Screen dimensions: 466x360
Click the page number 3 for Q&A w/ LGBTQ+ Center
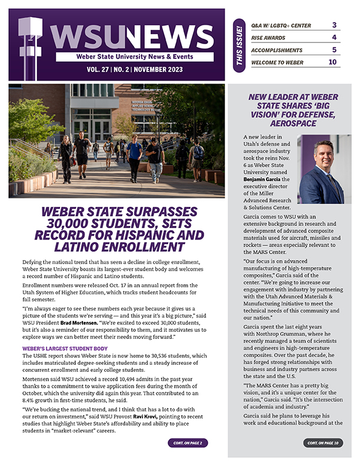pyautogui.click(x=334, y=25)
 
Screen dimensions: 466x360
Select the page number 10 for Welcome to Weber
pyautogui.click(x=332, y=62)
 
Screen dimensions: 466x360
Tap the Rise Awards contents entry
pyautogui.click(x=269, y=38)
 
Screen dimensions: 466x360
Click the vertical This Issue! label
pyautogui.click(x=239, y=45)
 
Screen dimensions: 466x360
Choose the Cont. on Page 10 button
pyautogui.click(x=324, y=442)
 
